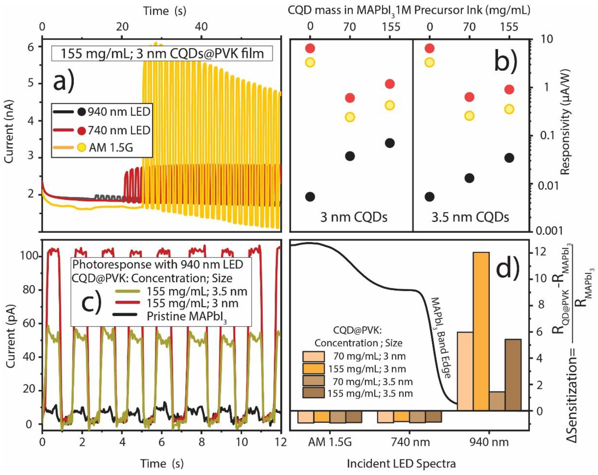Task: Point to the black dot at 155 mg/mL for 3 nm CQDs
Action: pyautogui.click(x=390, y=143)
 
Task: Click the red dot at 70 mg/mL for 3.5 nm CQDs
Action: pyautogui.click(x=469, y=97)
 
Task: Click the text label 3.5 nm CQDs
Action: pyautogui.click(x=470, y=217)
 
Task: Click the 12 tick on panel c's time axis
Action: pyautogui.click(x=281, y=442)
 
